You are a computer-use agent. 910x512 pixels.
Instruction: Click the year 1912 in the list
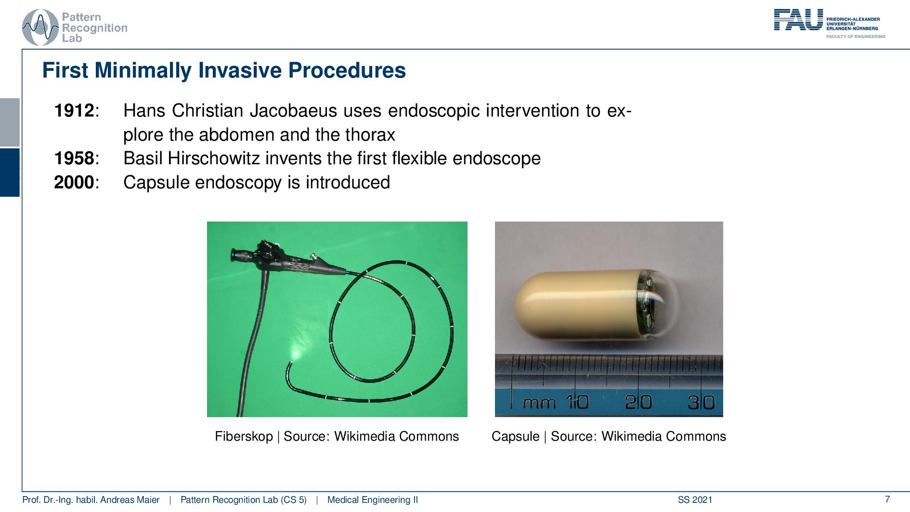pyautogui.click(x=74, y=111)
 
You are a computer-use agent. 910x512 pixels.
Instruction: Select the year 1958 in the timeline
pyautogui.click(x=74, y=158)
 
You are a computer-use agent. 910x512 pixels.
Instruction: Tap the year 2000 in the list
pyautogui.click(x=74, y=183)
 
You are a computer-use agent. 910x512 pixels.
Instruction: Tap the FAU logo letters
pyautogui.click(x=798, y=20)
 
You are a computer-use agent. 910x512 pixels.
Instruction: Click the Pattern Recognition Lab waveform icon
pyautogui.click(x=40, y=27)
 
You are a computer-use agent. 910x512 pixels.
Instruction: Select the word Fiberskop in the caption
pyautogui.click(x=244, y=436)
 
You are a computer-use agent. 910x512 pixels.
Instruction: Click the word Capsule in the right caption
pyautogui.click(x=515, y=436)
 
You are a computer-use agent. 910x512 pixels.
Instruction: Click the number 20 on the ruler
pyautogui.click(x=638, y=402)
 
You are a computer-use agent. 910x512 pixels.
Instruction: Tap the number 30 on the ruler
pyautogui.click(x=701, y=402)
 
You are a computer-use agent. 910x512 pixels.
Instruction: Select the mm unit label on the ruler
pyautogui.click(x=539, y=403)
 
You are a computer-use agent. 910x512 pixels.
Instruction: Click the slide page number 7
pyautogui.click(x=887, y=499)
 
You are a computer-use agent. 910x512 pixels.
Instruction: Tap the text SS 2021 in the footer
pyautogui.click(x=695, y=500)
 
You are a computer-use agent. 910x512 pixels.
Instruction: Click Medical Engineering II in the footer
pyautogui.click(x=372, y=500)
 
